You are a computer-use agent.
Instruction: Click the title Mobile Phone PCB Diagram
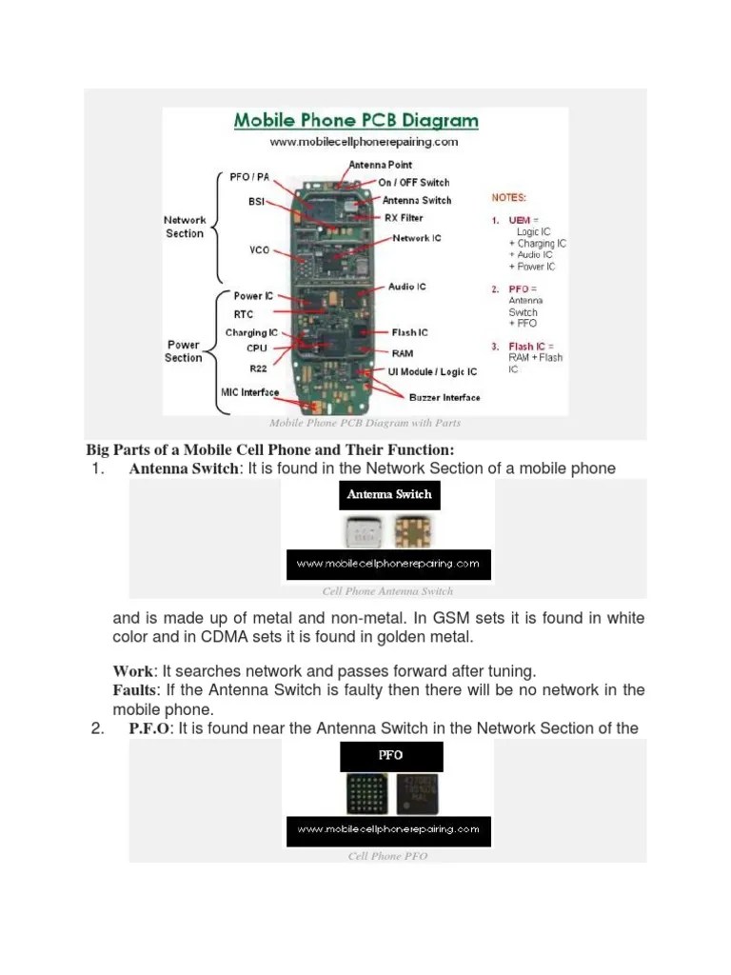(x=356, y=121)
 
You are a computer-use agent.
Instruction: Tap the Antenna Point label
(x=381, y=165)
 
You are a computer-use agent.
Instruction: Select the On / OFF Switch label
(x=414, y=182)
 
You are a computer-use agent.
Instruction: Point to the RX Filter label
(x=403, y=218)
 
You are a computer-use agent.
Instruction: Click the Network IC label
(x=416, y=238)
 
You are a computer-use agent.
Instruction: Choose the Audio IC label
(x=406, y=287)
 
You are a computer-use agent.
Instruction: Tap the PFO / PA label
(x=250, y=177)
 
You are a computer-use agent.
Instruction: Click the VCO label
(x=259, y=250)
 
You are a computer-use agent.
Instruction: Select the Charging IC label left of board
(x=251, y=333)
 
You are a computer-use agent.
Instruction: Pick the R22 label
(x=258, y=367)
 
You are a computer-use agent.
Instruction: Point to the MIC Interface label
(x=244, y=392)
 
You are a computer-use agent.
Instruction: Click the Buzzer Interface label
(x=445, y=397)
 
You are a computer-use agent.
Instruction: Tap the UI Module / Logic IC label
(x=433, y=371)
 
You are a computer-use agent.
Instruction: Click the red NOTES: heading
(x=509, y=198)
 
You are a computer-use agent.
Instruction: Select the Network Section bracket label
(x=185, y=227)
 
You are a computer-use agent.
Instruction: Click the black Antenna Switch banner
(x=389, y=495)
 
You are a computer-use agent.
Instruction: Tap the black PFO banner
(x=390, y=755)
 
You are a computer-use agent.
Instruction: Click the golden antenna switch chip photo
(x=412, y=532)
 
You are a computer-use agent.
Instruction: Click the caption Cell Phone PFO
(x=387, y=856)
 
